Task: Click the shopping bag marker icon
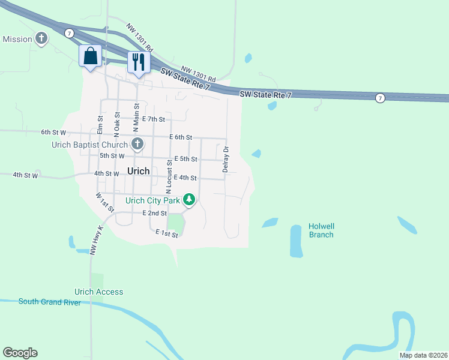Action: pos(90,56)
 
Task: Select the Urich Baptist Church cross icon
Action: pos(137,144)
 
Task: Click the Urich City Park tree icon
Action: pos(189,200)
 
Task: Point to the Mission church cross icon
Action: pos(41,39)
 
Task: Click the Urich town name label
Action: pos(139,171)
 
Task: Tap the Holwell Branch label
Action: pos(321,230)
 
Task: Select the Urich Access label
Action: pos(98,292)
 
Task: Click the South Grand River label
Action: pos(50,302)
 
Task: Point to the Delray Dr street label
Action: pos(226,159)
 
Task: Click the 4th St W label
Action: pos(26,175)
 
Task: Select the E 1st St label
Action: pos(167,233)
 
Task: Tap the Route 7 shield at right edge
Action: pos(380,98)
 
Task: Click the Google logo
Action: pos(20,353)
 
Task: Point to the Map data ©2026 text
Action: pos(423,355)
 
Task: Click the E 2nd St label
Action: pos(154,213)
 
